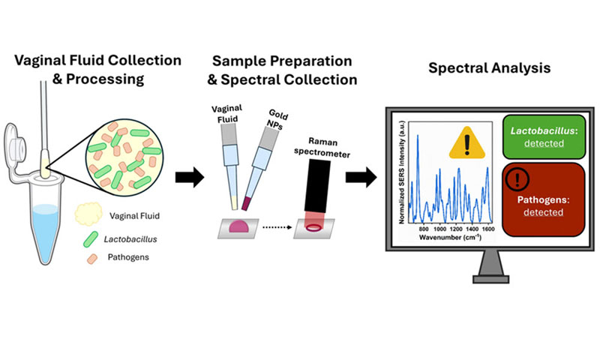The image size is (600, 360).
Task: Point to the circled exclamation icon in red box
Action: (x=515, y=179)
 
